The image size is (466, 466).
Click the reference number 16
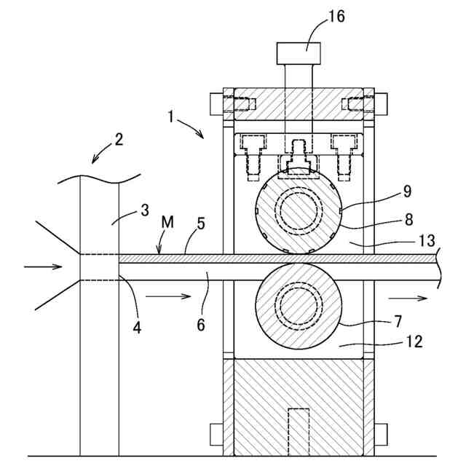[x=336, y=16]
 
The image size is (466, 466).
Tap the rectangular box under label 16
[x=299, y=53]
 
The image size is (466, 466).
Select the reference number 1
[x=170, y=116]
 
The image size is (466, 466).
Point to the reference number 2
[x=119, y=139]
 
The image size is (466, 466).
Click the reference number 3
[x=145, y=210]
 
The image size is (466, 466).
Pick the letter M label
[x=167, y=222]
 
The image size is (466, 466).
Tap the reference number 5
[x=201, y=224]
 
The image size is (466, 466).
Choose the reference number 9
[x=408, y=191]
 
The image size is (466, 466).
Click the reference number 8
[x=409, y=220]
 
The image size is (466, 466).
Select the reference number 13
[x=427, y=240]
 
